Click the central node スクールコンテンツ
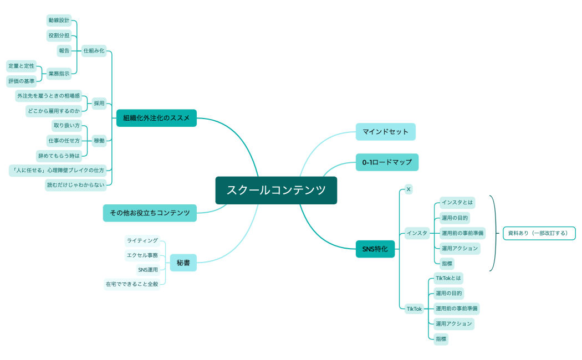click(x=276, y=191)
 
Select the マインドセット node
click(x=385, y=132)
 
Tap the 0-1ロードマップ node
click(x=387, y=162)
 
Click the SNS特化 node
click(x=375, y=249)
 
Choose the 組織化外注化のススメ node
click(x=156, y=118)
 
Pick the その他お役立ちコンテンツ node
click(x=150, y=213)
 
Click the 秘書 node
click(x=183, y=263)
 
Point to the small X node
click(x=409, y=189)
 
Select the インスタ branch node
click(x=417, y=233)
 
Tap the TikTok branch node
click(x=414, y=308)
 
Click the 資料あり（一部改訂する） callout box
click(x=539, y=233)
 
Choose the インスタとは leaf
click(x=457, y=202)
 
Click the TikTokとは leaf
click(x=448, y=278)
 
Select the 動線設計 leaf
click(x=59, y=20)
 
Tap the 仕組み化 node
click(x=94, y=51)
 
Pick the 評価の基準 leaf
click(x=21, y=81)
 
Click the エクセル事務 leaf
click(x=142, y=255)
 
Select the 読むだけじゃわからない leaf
click(x=75, y=185)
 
